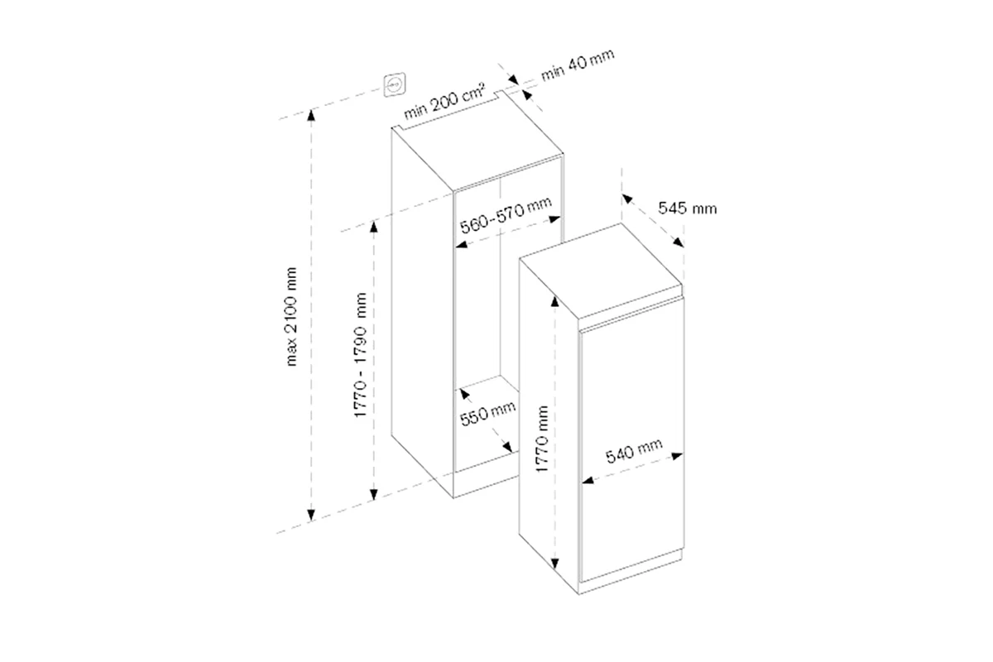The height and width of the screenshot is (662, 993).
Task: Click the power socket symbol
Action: (394, 84)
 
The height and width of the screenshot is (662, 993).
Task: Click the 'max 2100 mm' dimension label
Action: (291, 317)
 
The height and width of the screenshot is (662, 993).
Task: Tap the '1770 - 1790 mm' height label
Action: (361, 355)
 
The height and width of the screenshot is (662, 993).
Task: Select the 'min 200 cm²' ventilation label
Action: (444, 101)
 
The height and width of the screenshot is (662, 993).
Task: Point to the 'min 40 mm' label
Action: (578, 65)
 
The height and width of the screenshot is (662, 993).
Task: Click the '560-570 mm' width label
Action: (506, 215)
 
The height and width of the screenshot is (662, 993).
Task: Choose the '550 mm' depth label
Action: (487, 413)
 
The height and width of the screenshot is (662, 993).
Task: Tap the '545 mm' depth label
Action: (687, 208)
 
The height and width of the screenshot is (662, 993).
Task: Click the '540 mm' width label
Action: (634, 450)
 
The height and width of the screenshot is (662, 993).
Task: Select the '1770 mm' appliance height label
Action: (542, 439)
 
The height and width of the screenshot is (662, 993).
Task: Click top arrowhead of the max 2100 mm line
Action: (311, 115)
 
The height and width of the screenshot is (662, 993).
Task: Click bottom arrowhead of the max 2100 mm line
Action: (311, 515)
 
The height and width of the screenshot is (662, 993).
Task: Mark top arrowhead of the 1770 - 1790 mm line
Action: (374, 227)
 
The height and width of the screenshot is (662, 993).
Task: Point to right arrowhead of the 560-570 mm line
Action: (555, 219)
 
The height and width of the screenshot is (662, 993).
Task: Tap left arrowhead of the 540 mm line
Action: (588, 480)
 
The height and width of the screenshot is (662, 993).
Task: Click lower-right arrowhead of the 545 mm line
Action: (679, 242)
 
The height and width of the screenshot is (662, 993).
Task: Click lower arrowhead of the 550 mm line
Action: (507, 447)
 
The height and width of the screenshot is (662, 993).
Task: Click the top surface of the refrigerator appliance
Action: (600, 271)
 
